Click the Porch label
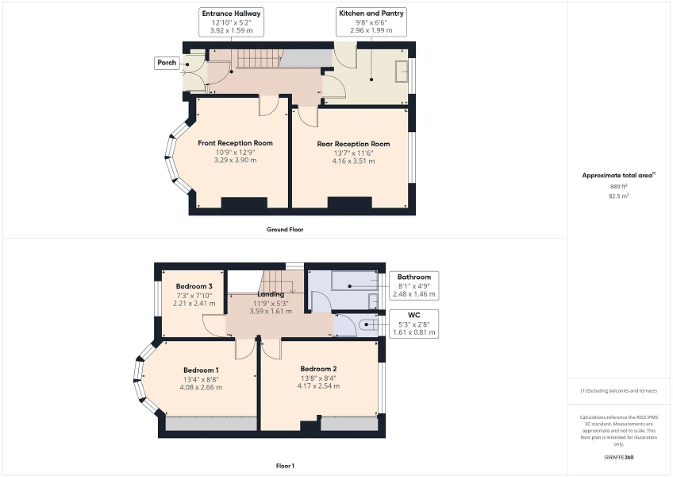pyautogui.click(x=167, y=63)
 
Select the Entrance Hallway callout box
pyautogui.click(x=231, y=21)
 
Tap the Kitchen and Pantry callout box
pyautogui.click(x=371, y=21)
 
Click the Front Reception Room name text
pyautogui.click(x=235, y=143)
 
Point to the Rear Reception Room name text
pyautogui.click(x=353, y=144)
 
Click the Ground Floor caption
pyautogui.click(x=285, y=229)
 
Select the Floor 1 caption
pyautogui.click(x=285, y=465)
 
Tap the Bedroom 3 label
pyautogui.click(x=194, y=286)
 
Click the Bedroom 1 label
pyautogui.click(x=201, y=370)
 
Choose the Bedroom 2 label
pyautogui.click(x=318, y=369)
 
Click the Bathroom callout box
pyautogui.click(x=414, y=285)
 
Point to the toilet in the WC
pyautogui.click(x=366, y=324)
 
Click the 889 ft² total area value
pyautogui.click(x=618, y=186)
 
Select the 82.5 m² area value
pyautogui.click(x=618, y=195)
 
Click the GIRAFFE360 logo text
pyautogui.click(x=618, y=457)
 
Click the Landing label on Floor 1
pyautogui.click(x=271, y=294)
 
